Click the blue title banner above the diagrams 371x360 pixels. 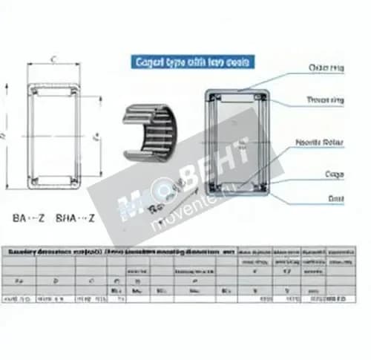192,62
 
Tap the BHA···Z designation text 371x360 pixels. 77,218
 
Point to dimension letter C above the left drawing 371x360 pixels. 53,58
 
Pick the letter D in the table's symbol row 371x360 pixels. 53,281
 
